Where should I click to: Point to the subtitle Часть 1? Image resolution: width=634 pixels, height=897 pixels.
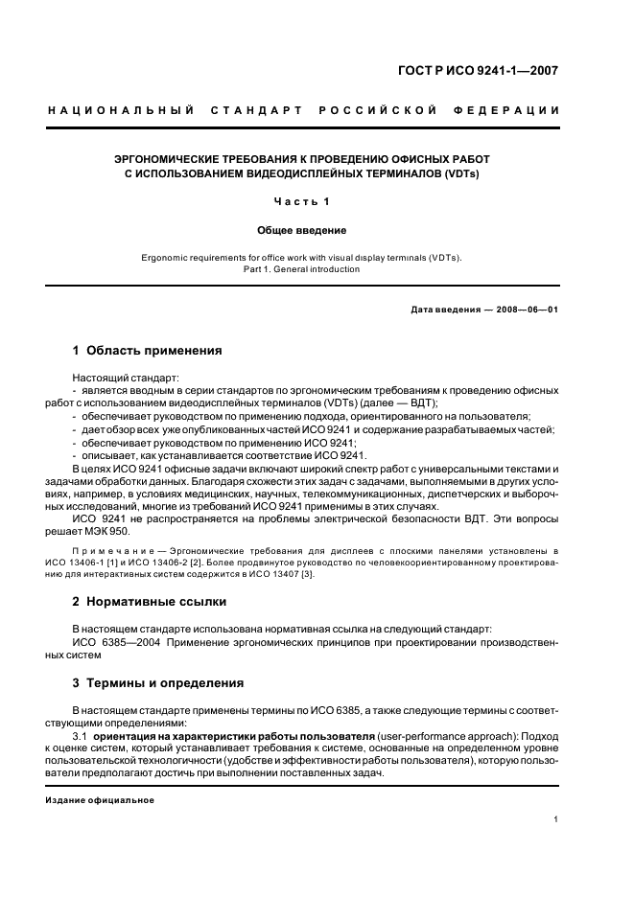(x=301, y=202)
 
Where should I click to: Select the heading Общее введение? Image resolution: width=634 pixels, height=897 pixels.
(x=301, y=231)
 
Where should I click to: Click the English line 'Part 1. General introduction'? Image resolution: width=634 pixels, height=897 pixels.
(x=302, y=269)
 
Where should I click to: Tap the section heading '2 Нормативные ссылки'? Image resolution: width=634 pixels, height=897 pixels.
(x=150, y=602)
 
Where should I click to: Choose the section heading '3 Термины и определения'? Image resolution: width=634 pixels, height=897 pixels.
(x=158, y=683)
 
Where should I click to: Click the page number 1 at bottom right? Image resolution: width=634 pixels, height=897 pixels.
(x=556, y=819)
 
